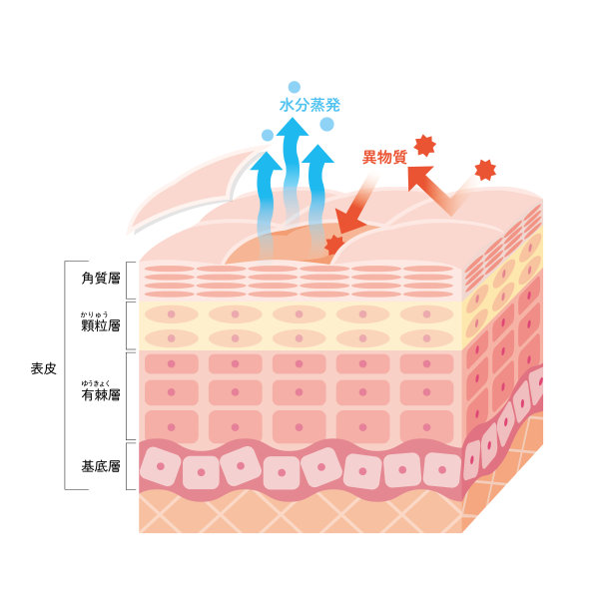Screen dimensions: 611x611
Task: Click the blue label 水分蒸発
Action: (x=309, y=105)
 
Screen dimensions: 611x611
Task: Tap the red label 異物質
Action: (x=384, y=157)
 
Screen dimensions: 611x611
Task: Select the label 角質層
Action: (x=101, y=278)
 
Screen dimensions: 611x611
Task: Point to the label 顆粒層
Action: (x=101, y=325)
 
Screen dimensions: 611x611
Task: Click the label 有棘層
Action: (x=101, y=394)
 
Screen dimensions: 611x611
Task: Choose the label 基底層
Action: (x=101, y=466)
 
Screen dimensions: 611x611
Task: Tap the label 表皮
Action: (x=44, y=368)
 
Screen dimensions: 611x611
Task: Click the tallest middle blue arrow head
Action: (x=293, y=128)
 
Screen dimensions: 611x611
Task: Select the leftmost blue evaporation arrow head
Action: (x=267, y=161)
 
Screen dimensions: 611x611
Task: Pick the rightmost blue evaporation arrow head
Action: (x=317, y=154)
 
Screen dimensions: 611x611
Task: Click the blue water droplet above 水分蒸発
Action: (x=295, y=87)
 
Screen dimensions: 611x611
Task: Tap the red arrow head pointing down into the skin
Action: (x=348, y=222)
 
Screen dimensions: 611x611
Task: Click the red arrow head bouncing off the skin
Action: (x=419, y=177)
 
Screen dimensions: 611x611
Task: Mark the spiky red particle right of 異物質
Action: (x=424, y=146)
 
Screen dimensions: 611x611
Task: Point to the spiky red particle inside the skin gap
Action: (x=333, y=245)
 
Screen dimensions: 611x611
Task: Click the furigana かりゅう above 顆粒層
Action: (x=94, y=314)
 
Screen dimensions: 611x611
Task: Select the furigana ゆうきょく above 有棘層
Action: (x=96, y=383)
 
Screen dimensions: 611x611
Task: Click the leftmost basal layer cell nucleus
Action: (x=160, y=466)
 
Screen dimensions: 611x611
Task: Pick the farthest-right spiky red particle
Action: (x=485, y=171)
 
